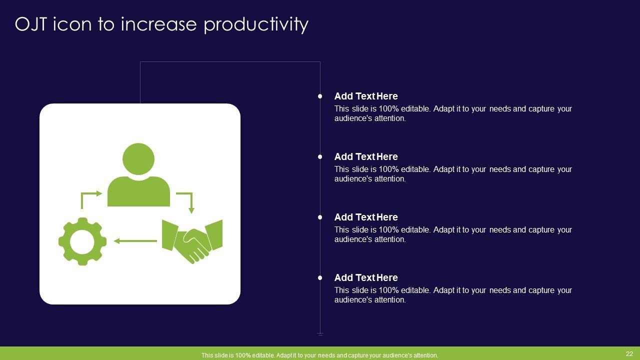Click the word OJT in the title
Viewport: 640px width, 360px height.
click(x=30, y=24)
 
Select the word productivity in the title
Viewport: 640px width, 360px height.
click(x=256, y=25)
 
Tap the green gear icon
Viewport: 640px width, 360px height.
click(x=82, y=241)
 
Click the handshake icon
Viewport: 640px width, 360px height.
click(x=192, y=241)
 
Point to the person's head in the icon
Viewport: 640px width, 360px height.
click(x=138, y=159)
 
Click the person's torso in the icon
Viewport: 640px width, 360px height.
click(x=138, y=191)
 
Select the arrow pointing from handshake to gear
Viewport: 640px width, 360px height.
click(x=135, y=241)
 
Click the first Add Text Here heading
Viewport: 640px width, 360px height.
click(x=366, y=96)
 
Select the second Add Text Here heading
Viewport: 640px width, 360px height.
click(x=366, y=157)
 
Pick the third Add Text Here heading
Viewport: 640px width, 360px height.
click(x=366, y=217)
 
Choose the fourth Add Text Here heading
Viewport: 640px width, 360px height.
click(x=366, y=277)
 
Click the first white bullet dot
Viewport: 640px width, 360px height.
click(x=320, y=96)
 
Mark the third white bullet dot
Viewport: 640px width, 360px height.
click(x=320, y=217)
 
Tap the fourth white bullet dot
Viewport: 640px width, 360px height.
click(x=320, y=277)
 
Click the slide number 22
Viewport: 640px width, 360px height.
click(x=629, y=353)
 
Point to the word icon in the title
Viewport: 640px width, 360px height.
click(x=72, y=24)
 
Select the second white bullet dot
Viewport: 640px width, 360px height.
click(x=320, y=157)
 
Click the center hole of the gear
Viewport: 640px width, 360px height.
click(x=82, y=241)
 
